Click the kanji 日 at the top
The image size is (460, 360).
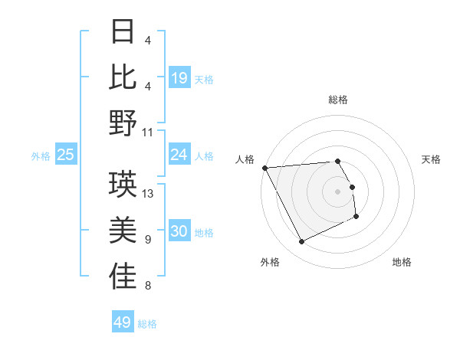click(123, 32)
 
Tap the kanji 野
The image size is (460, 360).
click(123, 123)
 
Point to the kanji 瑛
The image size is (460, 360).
click(123, 184)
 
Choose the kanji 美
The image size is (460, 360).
click(123, 230)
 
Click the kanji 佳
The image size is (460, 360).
click(123, 277)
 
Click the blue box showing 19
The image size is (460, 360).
click(179, 77)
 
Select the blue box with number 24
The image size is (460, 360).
click(179, 155)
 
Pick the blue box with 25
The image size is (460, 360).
click(66, 155)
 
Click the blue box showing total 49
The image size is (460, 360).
click(123, 322)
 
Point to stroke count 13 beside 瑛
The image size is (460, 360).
click(149, 194)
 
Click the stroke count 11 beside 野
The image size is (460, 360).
click(149, 132)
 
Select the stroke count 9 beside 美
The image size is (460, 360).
click(147, 241)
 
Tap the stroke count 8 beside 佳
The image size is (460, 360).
click(147, 286)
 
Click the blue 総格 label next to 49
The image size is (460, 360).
click(147, 324)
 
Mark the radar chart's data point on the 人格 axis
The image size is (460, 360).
click(264, 167)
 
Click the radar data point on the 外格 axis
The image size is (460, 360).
click(301, 242)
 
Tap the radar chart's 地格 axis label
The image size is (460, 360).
click(402, 262)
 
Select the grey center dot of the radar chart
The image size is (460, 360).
click(337, 191)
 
